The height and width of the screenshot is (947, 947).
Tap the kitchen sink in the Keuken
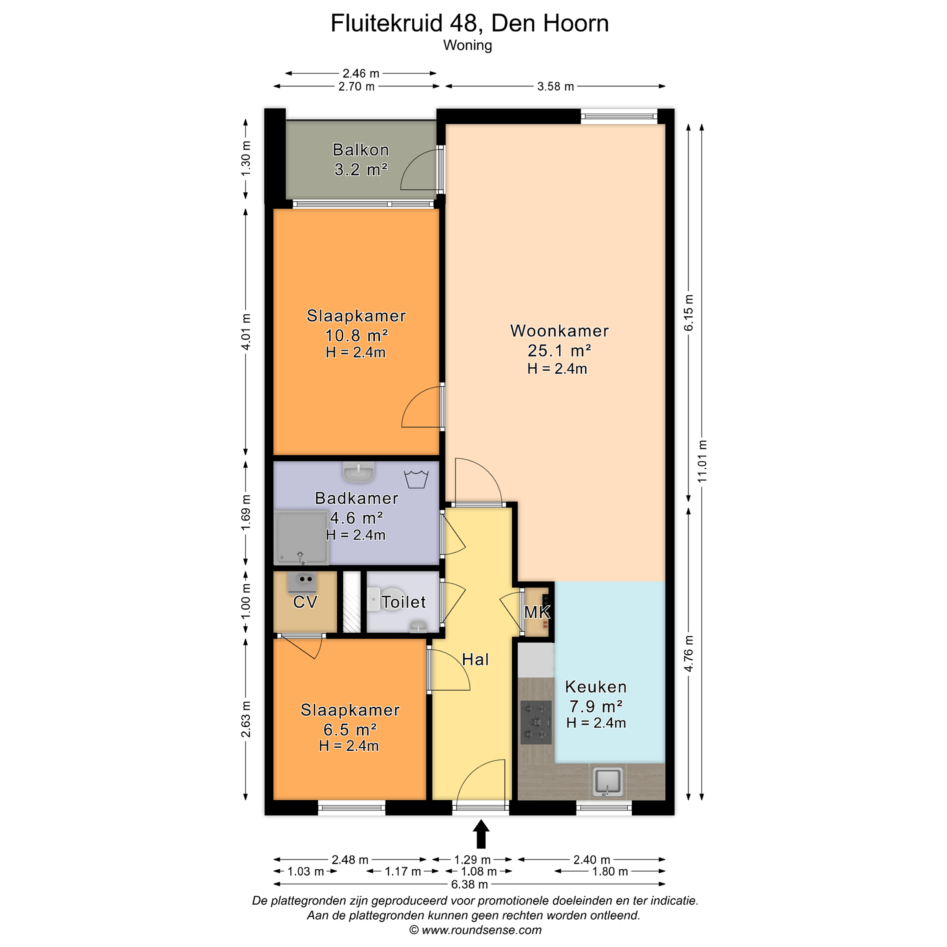tap(608, 782)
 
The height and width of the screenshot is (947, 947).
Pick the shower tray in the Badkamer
tap(301, 538)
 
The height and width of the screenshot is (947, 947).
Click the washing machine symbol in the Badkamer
tap(416, 479)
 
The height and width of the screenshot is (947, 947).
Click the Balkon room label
tap(361, 150)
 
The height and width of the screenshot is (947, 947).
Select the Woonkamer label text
tap(559, 331)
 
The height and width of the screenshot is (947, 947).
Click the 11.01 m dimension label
tap(702, 461)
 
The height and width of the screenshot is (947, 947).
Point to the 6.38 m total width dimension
tap(469, 884)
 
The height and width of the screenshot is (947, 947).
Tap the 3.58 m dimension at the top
tap(555, 86)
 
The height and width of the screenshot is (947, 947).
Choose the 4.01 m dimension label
tap(246, 332)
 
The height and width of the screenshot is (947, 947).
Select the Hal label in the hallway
tap(475, 660)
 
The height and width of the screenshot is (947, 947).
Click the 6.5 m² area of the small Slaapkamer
tap(350, 730)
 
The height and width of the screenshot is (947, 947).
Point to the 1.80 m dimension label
tap(610, 871)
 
